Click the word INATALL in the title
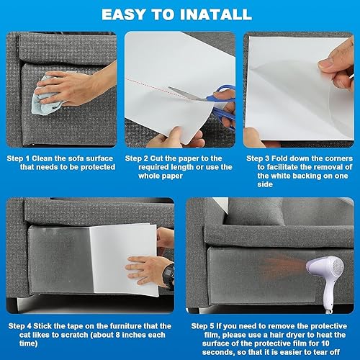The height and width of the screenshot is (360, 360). coord(215,14)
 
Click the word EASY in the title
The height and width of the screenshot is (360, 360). coord(124,14)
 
